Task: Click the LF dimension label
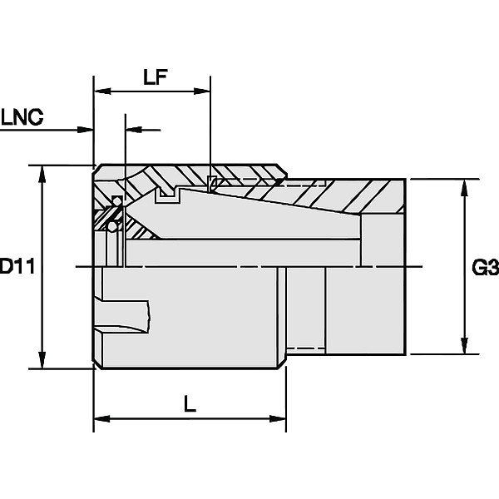[x=156, y=77]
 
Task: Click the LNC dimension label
[x=22, y=116]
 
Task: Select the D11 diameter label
[x=17, y=266]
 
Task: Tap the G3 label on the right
[x=486, y=267]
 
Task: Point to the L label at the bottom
[x=190, y=404]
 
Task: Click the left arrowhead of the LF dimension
[x=102, y=91]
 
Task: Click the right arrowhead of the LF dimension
[x=202, y=91]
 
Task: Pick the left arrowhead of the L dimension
[x=101, y=418]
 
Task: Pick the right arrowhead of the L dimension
[x=278, y=418]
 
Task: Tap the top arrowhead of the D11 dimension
[x=42, y=174]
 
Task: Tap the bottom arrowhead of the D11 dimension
[x=42, y=359]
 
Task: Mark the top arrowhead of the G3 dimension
[x=465, y=188]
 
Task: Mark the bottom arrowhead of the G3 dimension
[x=465, y=345]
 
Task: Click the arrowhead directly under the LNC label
[x=86, y=130]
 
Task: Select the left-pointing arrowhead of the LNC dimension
[x=134, y=130]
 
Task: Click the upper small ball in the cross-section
[x=117, y=201]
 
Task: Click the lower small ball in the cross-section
[x=112, y=226]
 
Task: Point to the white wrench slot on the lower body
[x=123, y=316]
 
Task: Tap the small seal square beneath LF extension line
[x=211, y=184]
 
